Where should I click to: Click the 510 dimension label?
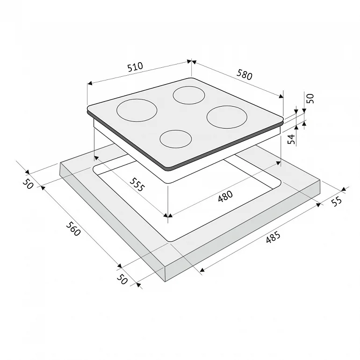pos(135,67)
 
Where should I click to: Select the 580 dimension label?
pos(245,75)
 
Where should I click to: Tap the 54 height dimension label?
pos(291,139)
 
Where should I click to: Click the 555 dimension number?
pos(137,185)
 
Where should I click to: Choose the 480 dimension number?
pos(225,196)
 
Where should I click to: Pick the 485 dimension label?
pos(273,237)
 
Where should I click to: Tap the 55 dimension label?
pos(337,202)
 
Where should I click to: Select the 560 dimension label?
pos(73,229)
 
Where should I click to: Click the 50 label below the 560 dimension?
pos(122,280)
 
